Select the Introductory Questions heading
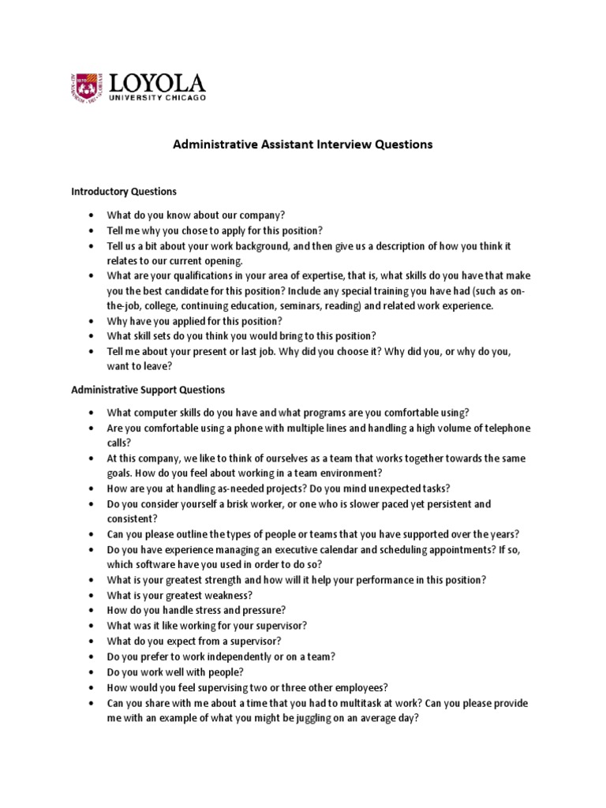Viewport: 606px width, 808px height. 124,192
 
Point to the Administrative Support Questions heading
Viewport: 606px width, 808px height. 148,390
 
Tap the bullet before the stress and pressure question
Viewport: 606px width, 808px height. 92,610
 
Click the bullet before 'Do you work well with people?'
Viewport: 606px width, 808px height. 92,671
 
